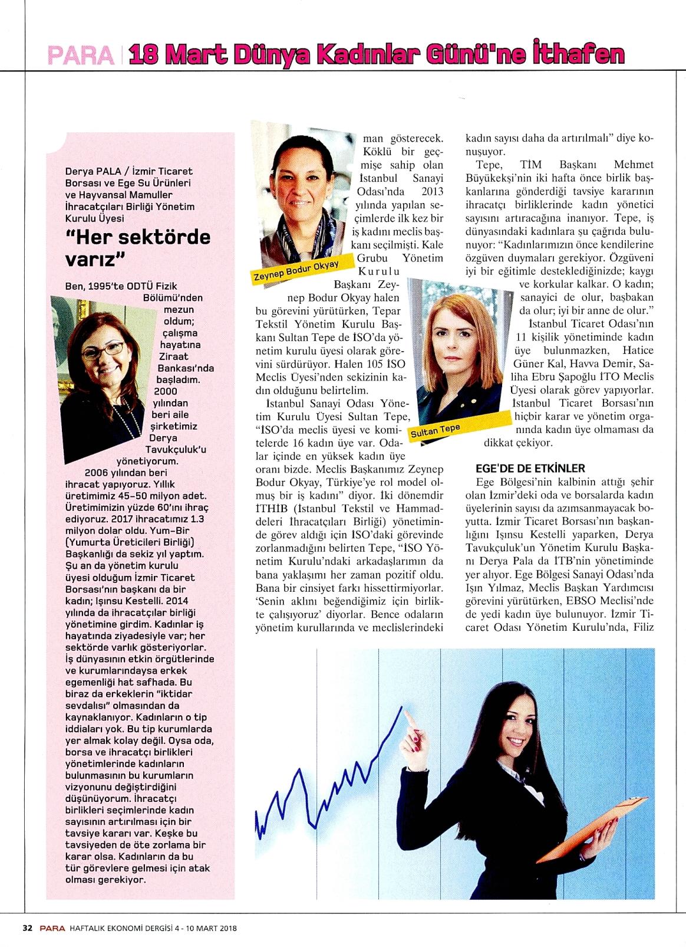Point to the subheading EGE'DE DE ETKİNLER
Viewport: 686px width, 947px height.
coord(530,468)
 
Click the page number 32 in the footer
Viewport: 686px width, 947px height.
coord(27,928)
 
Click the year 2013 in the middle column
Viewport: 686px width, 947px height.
coord(433,192)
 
